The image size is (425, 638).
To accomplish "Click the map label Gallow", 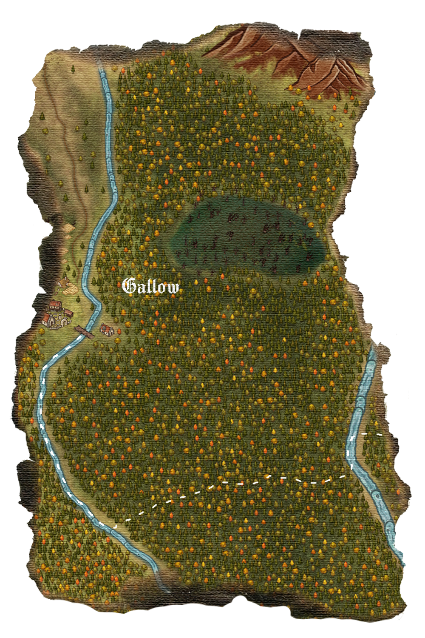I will tap(151, 287).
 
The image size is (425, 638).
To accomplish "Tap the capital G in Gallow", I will tap(128, 286).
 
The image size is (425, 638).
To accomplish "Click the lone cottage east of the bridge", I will tap(107, 329).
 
